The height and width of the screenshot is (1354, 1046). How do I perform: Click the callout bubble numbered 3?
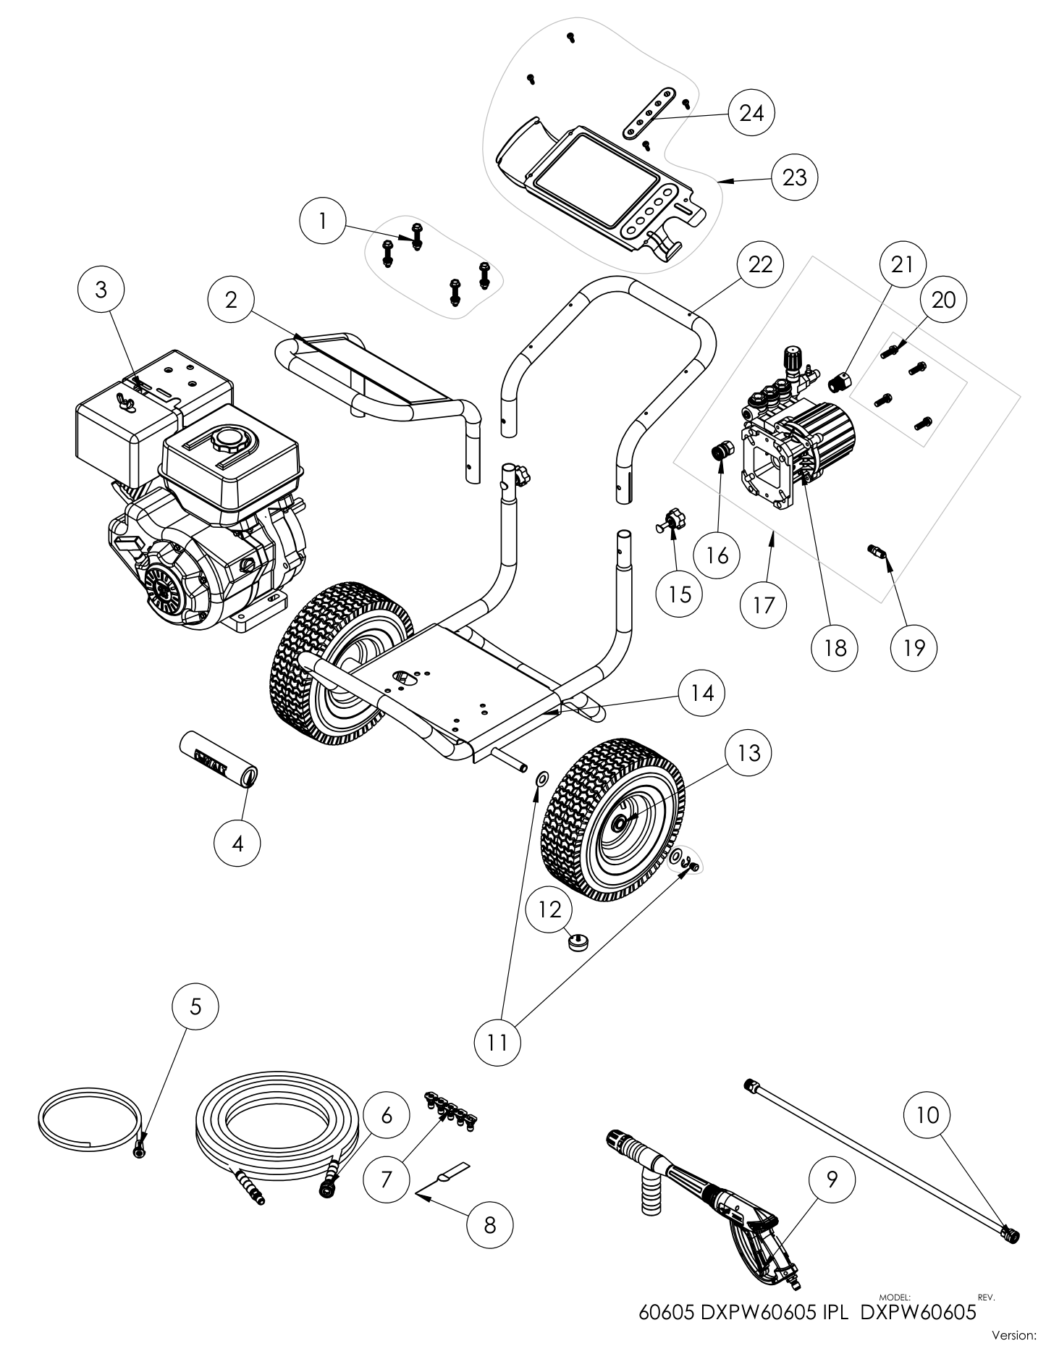[x=101, y=290]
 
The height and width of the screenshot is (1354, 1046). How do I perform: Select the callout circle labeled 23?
[x=794, y=177]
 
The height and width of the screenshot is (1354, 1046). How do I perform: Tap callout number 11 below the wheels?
[x=498, y=1042]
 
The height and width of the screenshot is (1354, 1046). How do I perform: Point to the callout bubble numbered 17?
[x=764, y=604]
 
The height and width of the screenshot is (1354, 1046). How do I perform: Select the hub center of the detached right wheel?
[x=621, y=823]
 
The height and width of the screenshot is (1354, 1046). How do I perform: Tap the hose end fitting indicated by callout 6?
[x=327, y=1187]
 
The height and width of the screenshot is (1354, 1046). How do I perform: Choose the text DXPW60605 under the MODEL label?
[x=918, y=1313]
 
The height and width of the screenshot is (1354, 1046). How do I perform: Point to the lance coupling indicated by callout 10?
[x=1010, y=1232]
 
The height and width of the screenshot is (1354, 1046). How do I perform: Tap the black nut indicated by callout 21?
[x=841, y=380]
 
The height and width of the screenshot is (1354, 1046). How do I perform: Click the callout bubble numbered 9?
[x=831, y=1180]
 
